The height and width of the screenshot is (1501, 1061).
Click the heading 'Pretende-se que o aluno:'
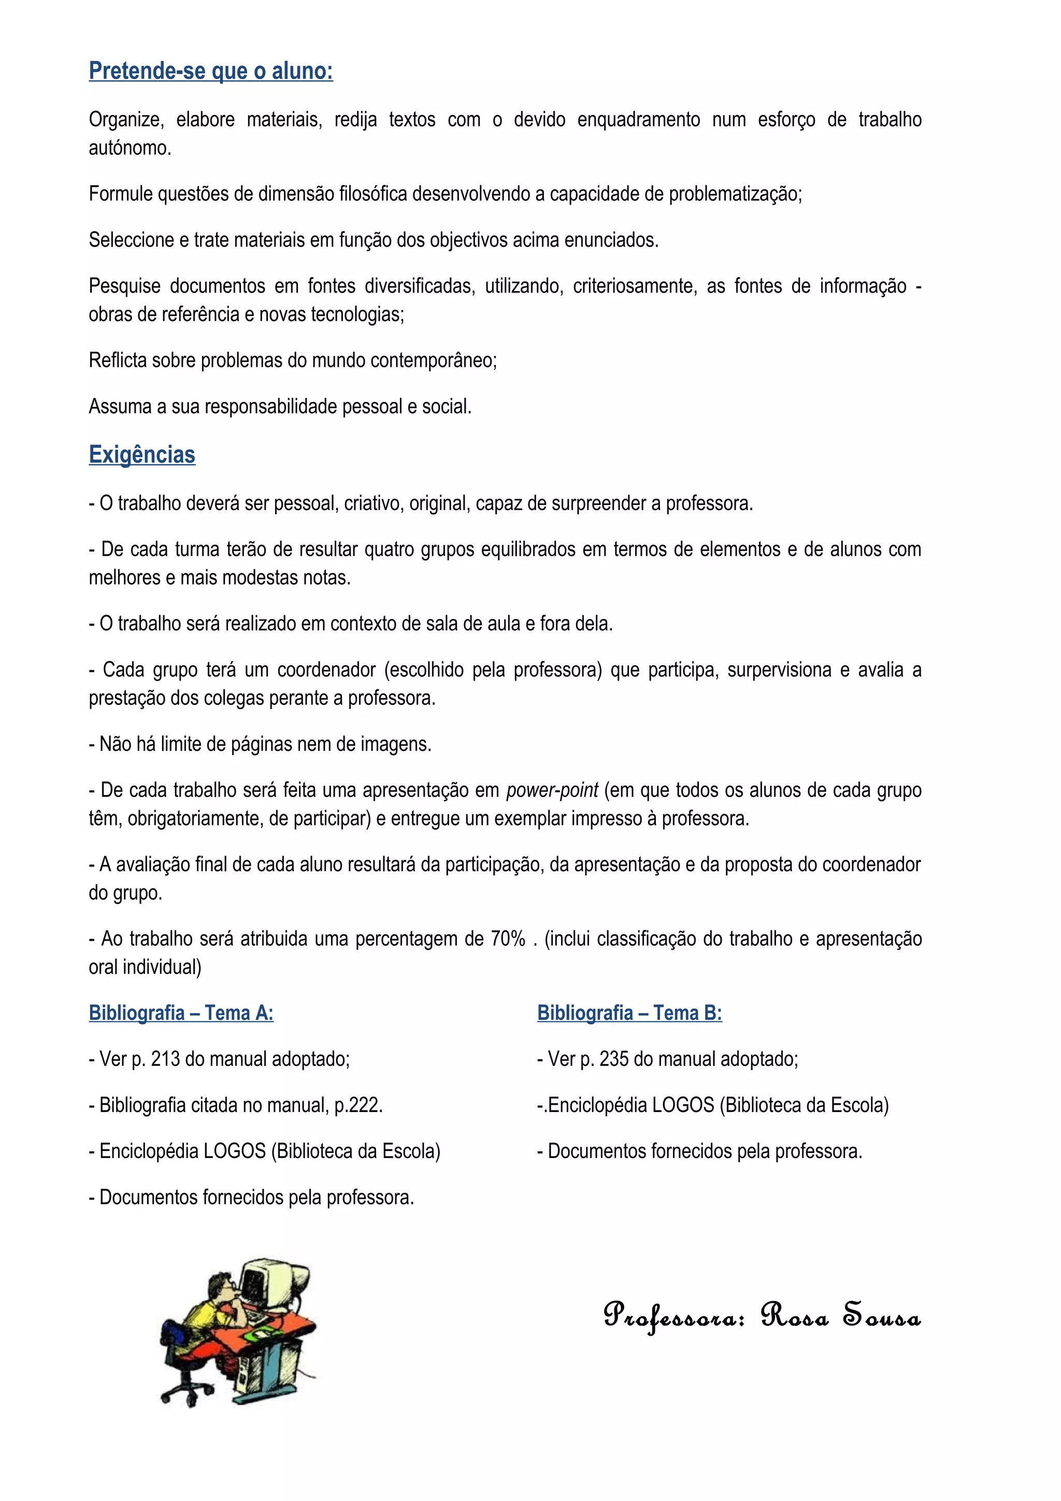pos(210,70)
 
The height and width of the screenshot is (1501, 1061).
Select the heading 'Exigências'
pos(142,454)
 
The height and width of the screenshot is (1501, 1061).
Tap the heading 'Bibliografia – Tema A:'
pos(181,1013)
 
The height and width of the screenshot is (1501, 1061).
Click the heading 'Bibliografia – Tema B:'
pos(629,1013)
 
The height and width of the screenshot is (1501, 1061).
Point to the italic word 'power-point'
pos(552,790)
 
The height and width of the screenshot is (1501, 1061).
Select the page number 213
pos(165,1059)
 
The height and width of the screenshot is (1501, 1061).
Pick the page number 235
pos(614,1059)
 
